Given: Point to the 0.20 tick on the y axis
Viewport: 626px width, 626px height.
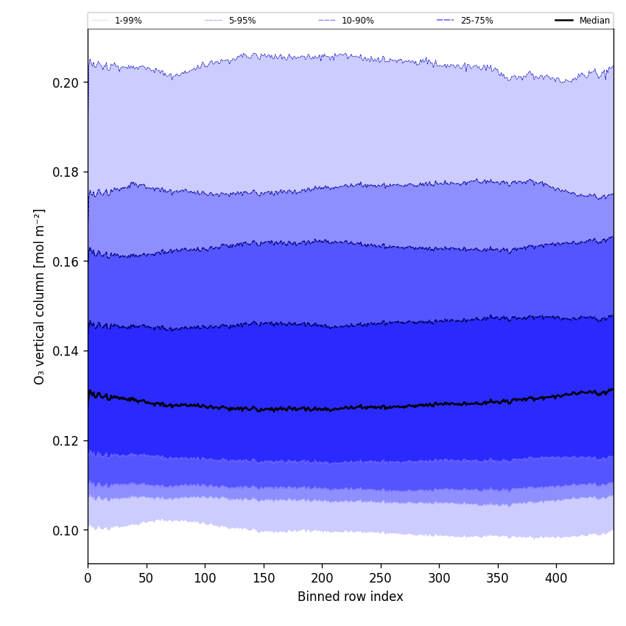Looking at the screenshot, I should click(66, 82).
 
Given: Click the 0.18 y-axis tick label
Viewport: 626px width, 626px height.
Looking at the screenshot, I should click(66, 172).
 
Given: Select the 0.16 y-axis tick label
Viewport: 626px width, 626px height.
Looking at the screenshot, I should click(66, 261).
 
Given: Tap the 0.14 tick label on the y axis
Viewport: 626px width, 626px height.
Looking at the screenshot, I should click(66, 351).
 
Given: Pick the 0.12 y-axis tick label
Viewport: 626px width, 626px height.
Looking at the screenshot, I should click(66, 440).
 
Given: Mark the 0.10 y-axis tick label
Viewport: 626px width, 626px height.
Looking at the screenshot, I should click(66, 530).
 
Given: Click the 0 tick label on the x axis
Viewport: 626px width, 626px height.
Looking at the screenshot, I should click(88, 578).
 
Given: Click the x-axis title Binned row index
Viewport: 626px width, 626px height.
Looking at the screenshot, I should click(351, 597).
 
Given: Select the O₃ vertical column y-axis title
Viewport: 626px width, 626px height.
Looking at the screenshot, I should click(40, 296).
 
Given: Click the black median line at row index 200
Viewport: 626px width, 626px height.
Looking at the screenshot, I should click(322, 409).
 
